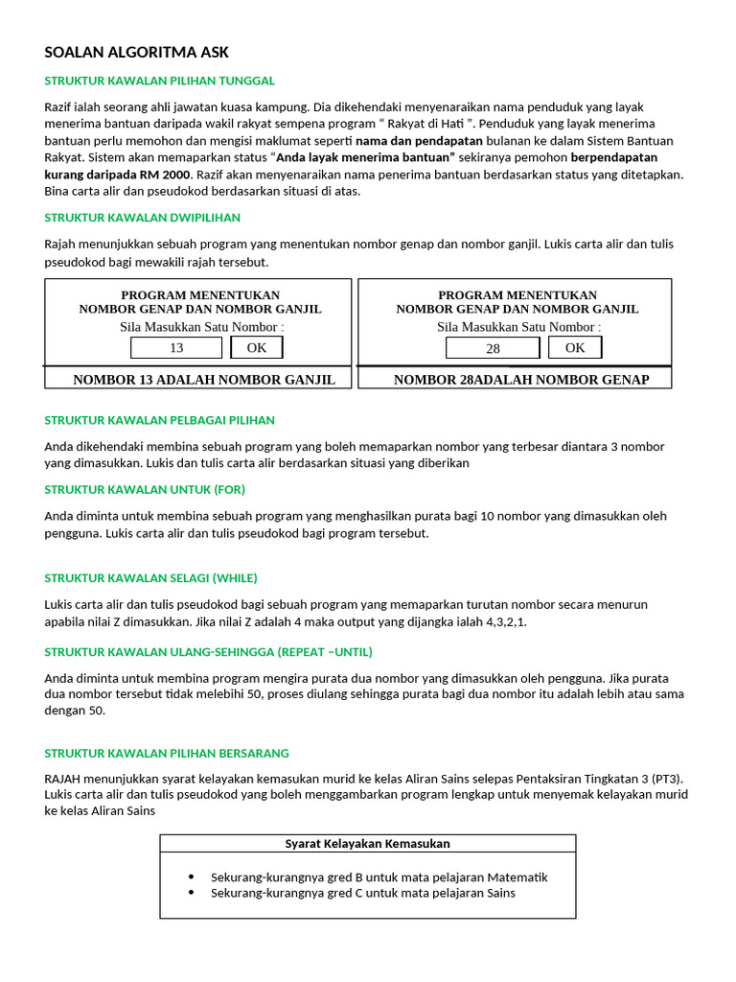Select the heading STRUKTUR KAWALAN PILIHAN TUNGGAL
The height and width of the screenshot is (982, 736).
coord(159,81)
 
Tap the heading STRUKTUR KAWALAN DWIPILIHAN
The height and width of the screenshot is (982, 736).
coord(142,218)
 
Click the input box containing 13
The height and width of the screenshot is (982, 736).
coord(176,347)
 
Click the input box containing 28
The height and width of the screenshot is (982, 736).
coord(493,348)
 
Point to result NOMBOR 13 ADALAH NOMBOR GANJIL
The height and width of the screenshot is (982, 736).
coord(204,380)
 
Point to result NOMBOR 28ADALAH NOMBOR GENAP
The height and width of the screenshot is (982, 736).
coord(520,380)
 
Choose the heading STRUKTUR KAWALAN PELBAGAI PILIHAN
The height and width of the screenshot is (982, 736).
coord(159,420)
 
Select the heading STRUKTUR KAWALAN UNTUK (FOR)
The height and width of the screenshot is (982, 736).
coord(145,489)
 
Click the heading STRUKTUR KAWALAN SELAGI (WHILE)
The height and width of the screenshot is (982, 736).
coord(150,578)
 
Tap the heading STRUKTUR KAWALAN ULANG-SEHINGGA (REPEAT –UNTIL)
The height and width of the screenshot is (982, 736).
coord(208,652)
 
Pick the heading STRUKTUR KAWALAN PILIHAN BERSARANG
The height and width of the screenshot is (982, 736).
coord(167,753)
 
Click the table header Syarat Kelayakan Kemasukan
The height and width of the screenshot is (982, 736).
coord(367,844)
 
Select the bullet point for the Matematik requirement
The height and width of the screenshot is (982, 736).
coord(191,877)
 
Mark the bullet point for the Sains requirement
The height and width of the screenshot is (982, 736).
coord(191,893)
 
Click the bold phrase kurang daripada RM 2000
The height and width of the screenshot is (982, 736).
coord(118,174)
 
